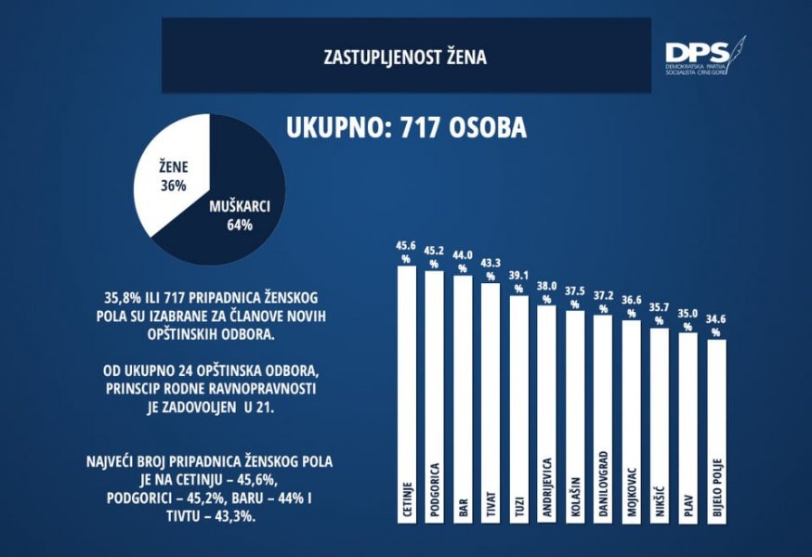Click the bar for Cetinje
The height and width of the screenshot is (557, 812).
pos(405,390)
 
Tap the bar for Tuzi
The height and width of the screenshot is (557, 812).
pos(518,408)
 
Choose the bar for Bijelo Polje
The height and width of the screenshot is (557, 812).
pos(716,427)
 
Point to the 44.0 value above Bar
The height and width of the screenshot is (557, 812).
pos(462,256)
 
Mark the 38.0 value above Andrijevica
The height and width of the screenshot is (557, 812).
pos(546,287)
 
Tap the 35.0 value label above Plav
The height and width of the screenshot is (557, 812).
pos(688,314)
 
